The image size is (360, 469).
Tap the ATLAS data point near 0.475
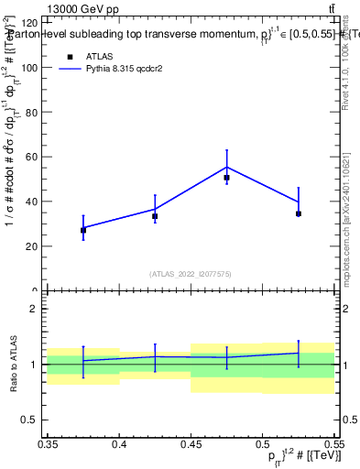[226, 178]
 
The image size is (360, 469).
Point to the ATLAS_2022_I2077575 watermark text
[191, 273]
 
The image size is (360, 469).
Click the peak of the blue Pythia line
[226, 167]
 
